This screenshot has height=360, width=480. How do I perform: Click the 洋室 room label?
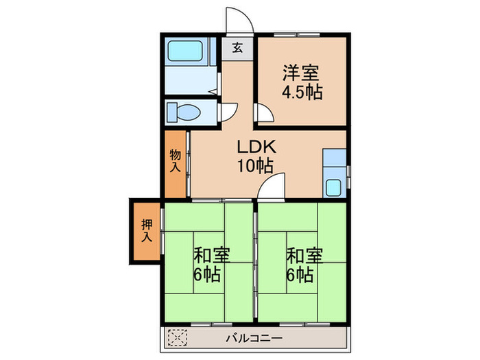(302, 72)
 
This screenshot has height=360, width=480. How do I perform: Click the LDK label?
(256, 147)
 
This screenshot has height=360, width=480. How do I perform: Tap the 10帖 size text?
(256, 165)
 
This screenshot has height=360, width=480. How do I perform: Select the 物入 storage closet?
(176, 163)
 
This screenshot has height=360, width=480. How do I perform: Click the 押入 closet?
(146, 230)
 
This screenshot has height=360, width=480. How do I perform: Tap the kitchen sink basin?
(335, 187)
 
